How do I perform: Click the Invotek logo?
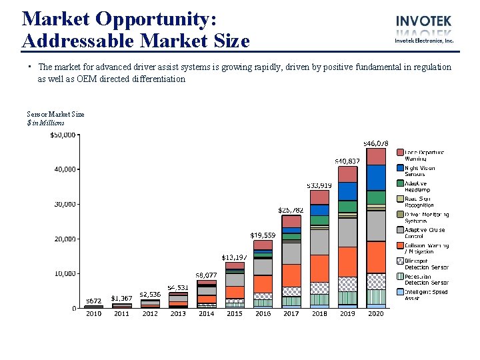click(424, 29)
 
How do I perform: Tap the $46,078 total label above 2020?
click(375, 143)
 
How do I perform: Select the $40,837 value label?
click(347, 161)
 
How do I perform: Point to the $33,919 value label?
click(319, 185)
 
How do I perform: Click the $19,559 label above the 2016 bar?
click(263, 235)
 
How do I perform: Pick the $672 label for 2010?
click(93, 301)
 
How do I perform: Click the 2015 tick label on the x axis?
click(235, 313)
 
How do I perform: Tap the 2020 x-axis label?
click(375, 313)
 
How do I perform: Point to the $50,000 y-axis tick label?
click(63, 135)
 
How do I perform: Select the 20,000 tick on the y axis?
click(64, 239)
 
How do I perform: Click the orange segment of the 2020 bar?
click(375, 257)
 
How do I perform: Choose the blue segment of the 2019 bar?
click(347, 191)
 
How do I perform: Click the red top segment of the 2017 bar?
click(291, 221)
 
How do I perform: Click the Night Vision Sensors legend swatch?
click(400, 168)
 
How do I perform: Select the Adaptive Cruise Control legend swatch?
click(400, 230)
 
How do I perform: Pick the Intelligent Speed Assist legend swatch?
click(400, 292)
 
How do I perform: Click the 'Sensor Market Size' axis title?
click(55, 114)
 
